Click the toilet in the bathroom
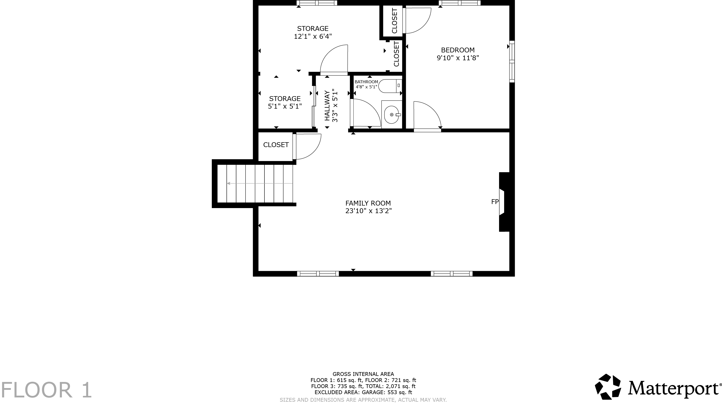click(390, 86)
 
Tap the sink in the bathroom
click(392, 114)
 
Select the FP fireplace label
click(495, 201)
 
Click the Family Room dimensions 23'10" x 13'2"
click(368, 211)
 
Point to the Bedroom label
click(458, 50)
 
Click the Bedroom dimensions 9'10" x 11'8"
click(458, 58)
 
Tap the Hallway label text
click(327, 106)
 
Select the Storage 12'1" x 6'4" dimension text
click(313, 36)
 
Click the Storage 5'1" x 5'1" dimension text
click(285, 106)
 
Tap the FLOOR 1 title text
click(46, 390)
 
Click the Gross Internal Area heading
click(363, 374)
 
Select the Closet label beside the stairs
click(276, 145)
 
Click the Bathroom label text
click(366, 82)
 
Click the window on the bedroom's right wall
click(512, 62)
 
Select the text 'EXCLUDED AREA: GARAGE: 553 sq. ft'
click(363, 392)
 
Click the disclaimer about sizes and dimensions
click(363, 400)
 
